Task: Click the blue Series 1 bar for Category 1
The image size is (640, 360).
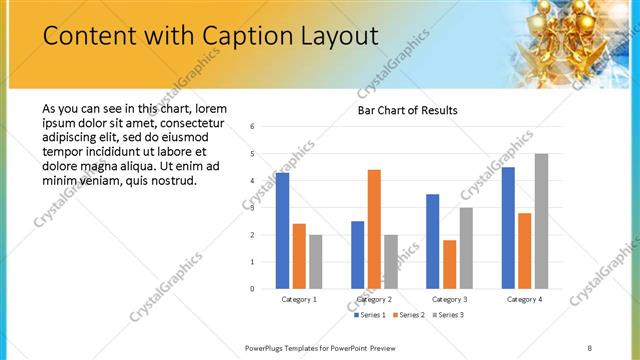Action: click(282, 231)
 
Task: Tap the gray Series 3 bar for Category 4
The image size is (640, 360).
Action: click(541, 221)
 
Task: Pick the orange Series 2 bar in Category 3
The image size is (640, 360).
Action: click(449, 264)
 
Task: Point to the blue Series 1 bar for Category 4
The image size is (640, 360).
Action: click(508, 228)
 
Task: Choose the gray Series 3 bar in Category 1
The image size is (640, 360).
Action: click(315, 262)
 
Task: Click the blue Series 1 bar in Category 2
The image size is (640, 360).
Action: click(357, 255)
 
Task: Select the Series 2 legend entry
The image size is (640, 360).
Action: click(409, 315)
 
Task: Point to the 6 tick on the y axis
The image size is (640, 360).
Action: click(253, 127)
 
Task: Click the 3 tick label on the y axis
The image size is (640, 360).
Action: click(253, 208)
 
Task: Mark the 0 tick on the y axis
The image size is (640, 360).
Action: click(253, 289)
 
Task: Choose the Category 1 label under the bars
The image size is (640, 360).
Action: click(299, 300)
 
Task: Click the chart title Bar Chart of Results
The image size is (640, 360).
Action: click(408, 110)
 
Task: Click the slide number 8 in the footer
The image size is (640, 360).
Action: click(589, 348)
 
